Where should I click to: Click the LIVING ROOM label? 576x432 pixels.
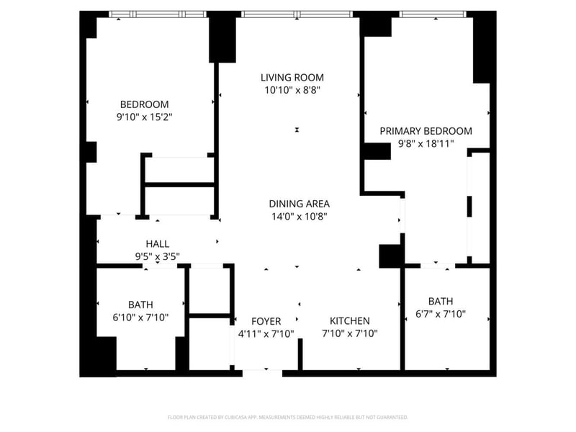click(292, 78)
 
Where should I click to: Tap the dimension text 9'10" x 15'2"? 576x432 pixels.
click(145, 117)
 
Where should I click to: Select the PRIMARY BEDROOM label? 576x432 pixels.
click(426, 131)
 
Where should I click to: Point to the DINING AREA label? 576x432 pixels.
click(300, 204)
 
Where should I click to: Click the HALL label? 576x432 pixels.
click(158, 244)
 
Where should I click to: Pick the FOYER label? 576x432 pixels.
click(266, 321)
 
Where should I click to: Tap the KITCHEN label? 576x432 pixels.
click(350, 321)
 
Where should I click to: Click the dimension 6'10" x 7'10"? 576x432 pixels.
click(140, 317)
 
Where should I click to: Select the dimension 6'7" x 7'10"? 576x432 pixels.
click(441, 314)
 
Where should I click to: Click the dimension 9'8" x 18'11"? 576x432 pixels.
click(426, 143)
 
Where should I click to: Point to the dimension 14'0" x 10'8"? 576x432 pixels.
click(300, 217)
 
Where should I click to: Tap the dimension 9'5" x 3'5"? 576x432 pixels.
click(158, 256)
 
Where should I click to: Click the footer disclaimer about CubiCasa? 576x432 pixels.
click(288, 418)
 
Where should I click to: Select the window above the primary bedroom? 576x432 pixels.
click(433, 14)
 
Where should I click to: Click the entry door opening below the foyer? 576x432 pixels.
click(262, 373)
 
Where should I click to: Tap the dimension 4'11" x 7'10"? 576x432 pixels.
click(266, 334)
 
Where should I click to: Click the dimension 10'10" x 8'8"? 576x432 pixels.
click(292, 90)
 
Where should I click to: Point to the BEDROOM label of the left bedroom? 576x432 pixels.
click(145, 104)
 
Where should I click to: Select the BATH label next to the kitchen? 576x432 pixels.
click(441, 301)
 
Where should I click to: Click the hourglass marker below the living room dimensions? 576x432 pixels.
click(297, 130)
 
